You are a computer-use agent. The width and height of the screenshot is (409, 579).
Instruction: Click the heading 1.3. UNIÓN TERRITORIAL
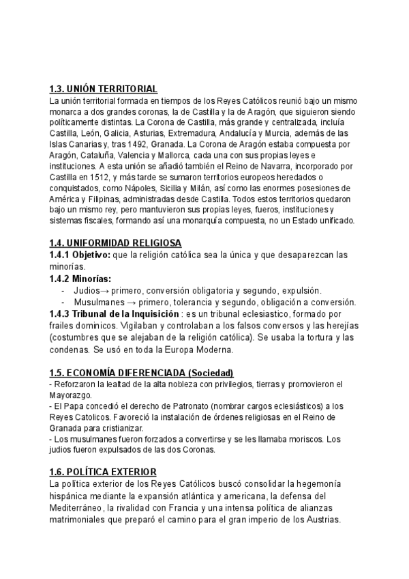point(104,89)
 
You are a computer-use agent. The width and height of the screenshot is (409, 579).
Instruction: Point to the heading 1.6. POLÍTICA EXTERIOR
point(103,472)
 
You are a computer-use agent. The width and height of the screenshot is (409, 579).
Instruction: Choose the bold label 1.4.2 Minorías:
point(80,279)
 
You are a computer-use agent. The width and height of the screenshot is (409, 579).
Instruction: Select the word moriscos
point(304,439)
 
